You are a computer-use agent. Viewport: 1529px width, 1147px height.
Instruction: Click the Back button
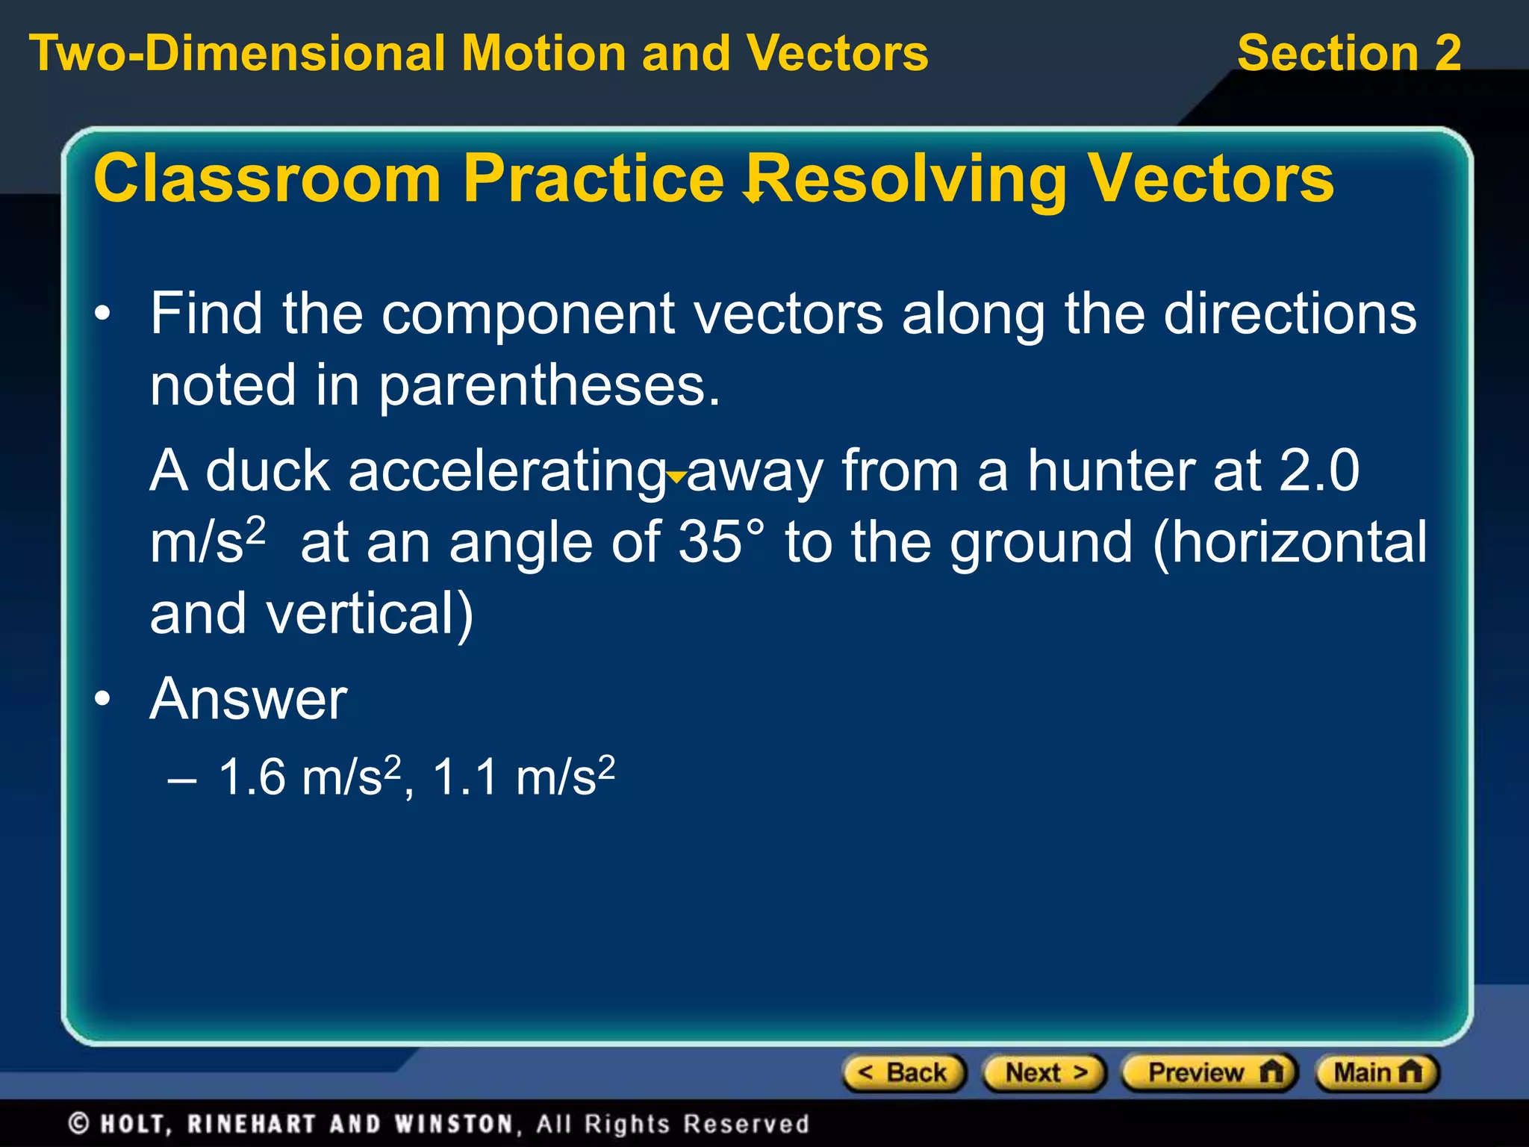(904, 1073)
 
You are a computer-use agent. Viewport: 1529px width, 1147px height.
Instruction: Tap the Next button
(1044, 1073)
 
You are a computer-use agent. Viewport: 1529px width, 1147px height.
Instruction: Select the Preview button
(1209, 1073)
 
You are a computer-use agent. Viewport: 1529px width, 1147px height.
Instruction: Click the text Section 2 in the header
(1348, 54)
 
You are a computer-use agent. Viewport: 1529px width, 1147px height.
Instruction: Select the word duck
(267, 471)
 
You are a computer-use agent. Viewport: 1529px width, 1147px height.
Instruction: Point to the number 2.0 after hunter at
(1319, 471)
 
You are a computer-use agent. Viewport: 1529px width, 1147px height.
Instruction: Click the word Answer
(249, 700)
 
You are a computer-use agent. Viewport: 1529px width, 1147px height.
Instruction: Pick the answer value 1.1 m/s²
(523, 777)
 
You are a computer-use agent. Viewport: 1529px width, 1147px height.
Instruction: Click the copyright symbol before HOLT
(79, 1124)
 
